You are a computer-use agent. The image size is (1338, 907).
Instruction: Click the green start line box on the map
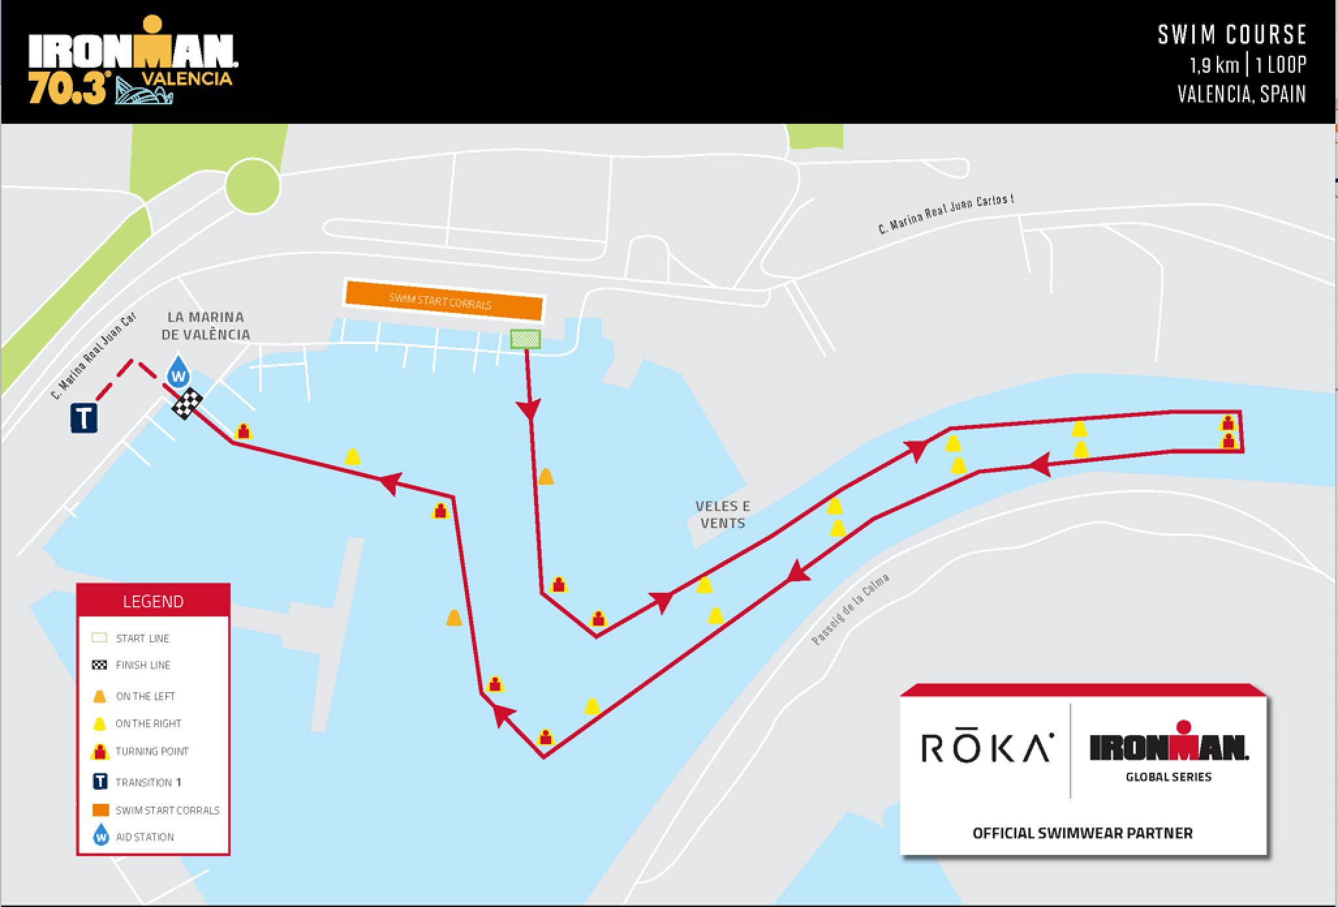(525, 339)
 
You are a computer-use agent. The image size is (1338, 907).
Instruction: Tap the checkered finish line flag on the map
(187, 404)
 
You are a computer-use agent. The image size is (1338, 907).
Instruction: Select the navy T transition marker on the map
(84, 418)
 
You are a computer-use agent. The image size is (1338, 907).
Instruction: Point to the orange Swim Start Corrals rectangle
(443, 301)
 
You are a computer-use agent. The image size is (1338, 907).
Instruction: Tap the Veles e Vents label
(722, 514)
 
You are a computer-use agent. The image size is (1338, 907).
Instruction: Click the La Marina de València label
(205, 326)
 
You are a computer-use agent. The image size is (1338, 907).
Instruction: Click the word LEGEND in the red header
(153, 601)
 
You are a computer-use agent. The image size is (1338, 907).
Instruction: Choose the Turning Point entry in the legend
(151, 751)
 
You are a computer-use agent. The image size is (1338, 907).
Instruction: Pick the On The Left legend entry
(145, 697)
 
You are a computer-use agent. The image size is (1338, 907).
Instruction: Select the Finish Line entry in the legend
(142, 665)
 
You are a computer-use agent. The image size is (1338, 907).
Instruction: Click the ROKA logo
(986, 747)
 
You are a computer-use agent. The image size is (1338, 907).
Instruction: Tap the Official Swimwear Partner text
(1082, 833)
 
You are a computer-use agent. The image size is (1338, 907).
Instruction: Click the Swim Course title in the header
(1232, 35)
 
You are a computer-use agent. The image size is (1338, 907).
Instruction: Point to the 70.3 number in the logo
(66, 89)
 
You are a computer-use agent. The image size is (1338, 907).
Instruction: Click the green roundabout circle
(253, 186)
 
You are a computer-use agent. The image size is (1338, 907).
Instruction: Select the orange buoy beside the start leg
(546, 477)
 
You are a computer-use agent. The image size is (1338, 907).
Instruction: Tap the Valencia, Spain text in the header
(1241, 94)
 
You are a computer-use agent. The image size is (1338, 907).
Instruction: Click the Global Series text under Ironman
(1169, 777)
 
